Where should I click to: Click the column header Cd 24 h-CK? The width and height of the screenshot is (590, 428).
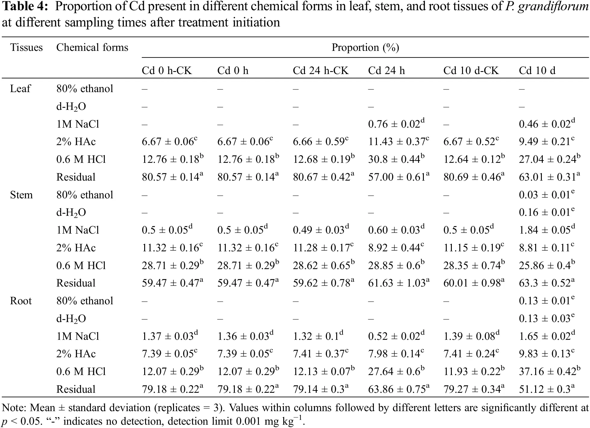[x=321, y=71]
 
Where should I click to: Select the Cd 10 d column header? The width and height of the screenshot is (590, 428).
[x=537, y=71]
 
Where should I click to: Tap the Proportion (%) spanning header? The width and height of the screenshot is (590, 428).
[x=365, y=48]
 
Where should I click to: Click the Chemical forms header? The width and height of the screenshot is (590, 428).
[x=92, y=48]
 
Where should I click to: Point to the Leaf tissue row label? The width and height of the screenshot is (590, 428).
[x=20, y=88]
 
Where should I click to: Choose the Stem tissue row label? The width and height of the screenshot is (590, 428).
[x=21, y=195]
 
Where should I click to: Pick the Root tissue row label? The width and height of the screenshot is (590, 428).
[x=20, y=301]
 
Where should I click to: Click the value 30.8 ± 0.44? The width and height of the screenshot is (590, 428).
[x=396, y=159]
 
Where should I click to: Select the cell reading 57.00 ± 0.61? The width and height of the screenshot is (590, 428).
[x=399, y=177]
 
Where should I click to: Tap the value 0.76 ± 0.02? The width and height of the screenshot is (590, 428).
[x=396, y=124]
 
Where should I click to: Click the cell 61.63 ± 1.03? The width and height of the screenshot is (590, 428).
[x=399, y=283]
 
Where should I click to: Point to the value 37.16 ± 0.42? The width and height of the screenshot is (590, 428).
[x=549, y=371]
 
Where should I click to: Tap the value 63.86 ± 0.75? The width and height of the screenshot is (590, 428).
[x=399, y=389]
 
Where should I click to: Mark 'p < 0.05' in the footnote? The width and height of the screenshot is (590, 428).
[x=21, y=421]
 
